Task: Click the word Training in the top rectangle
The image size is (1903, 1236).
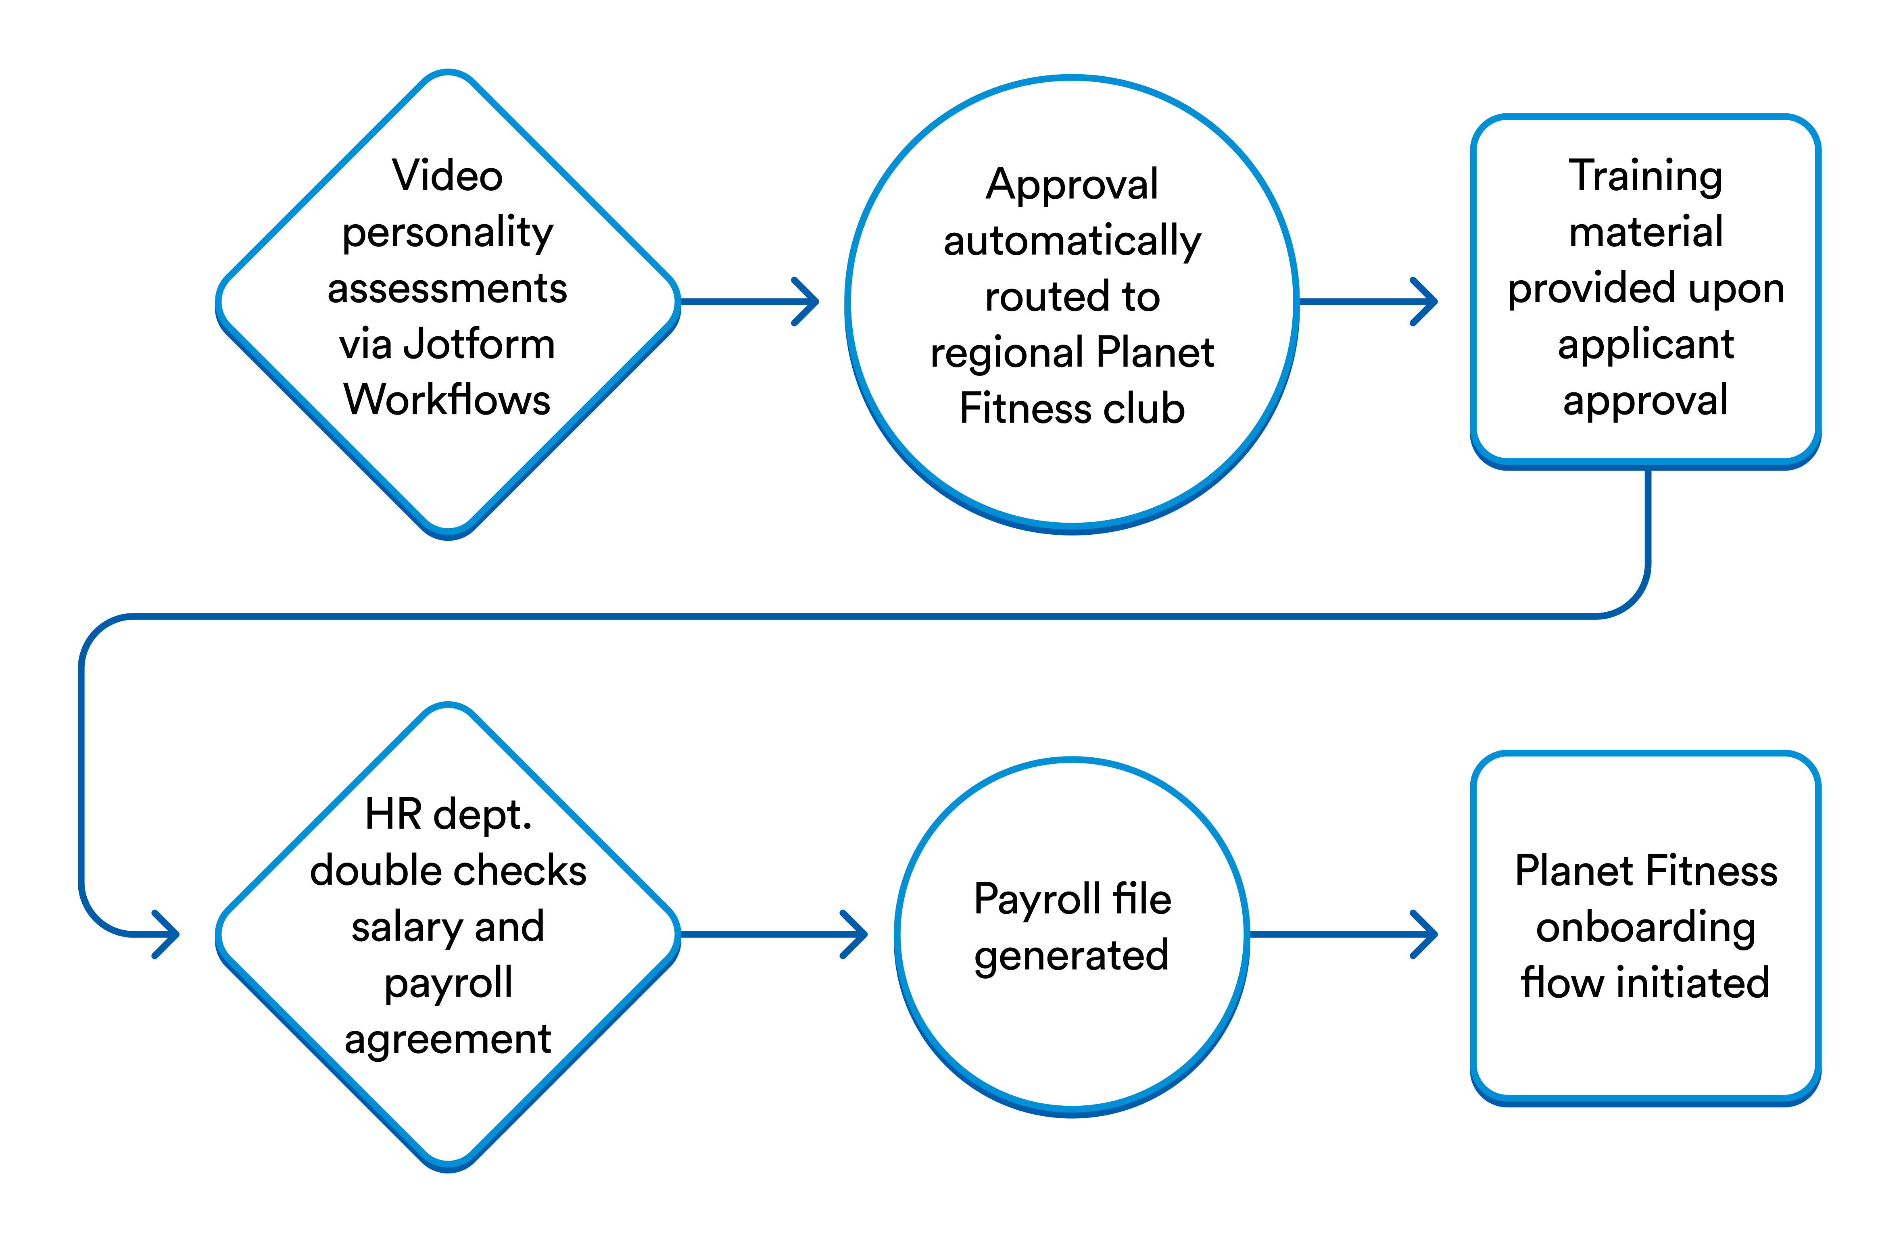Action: [1646, 176]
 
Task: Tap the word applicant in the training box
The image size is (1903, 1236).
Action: [1646, 344]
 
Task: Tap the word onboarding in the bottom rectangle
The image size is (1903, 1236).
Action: [1646, 928]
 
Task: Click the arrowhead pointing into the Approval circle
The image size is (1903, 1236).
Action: [808, 301]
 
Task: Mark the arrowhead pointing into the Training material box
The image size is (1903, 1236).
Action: [1427, 301]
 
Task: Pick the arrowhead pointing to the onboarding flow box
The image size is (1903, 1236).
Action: [1427, 934]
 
